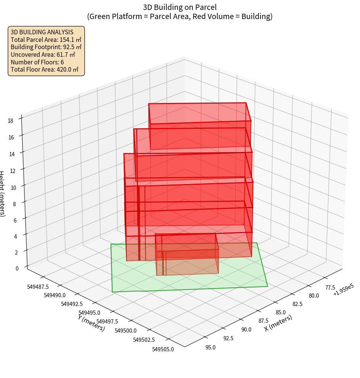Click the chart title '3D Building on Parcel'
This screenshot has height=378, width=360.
pos(180,7)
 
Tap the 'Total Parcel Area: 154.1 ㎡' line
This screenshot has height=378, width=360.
pos(46,40)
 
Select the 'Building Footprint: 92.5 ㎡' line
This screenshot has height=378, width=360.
pos(46,47)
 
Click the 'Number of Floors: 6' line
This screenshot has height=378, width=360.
pos(37,62)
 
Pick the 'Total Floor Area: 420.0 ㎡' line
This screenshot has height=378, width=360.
pos(44,70)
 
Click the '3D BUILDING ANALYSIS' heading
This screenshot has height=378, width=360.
pos(42,32)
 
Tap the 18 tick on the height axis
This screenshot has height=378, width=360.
pos(10,121)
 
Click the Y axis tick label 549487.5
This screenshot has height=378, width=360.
pos(38,287)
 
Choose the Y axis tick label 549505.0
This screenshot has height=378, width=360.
pos(163,349)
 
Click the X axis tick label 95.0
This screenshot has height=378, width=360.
pos(211,348)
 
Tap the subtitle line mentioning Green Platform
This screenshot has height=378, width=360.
pos(180,16)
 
